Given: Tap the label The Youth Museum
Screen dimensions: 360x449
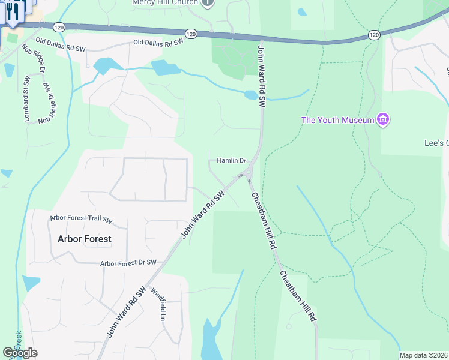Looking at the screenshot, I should [x=337, y=120].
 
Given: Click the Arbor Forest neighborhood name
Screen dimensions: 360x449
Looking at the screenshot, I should [x=85, y=239].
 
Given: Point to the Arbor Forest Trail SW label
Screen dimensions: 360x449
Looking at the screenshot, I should [x=81, y=218].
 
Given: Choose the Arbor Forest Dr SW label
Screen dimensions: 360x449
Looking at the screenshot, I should [x=128, y=263].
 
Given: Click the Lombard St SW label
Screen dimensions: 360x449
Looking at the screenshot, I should [x=26, y=100].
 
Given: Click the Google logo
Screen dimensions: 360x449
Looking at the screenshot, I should [x=20, y=353].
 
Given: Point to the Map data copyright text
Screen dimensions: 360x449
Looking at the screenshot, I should [x=424, y=355].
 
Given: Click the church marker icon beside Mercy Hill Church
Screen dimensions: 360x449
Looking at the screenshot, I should [x=207, y=3].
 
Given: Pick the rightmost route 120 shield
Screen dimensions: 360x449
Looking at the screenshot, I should [x=374, y=35].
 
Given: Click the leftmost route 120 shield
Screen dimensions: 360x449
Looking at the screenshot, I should [x=58, y=27].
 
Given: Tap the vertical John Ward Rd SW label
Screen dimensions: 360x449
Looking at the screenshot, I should [x=262, y=76].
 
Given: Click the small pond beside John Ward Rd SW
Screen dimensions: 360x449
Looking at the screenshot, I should [x=251, y=95].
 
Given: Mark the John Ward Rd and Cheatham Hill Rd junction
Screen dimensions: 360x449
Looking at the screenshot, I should [x=249, y=174].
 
